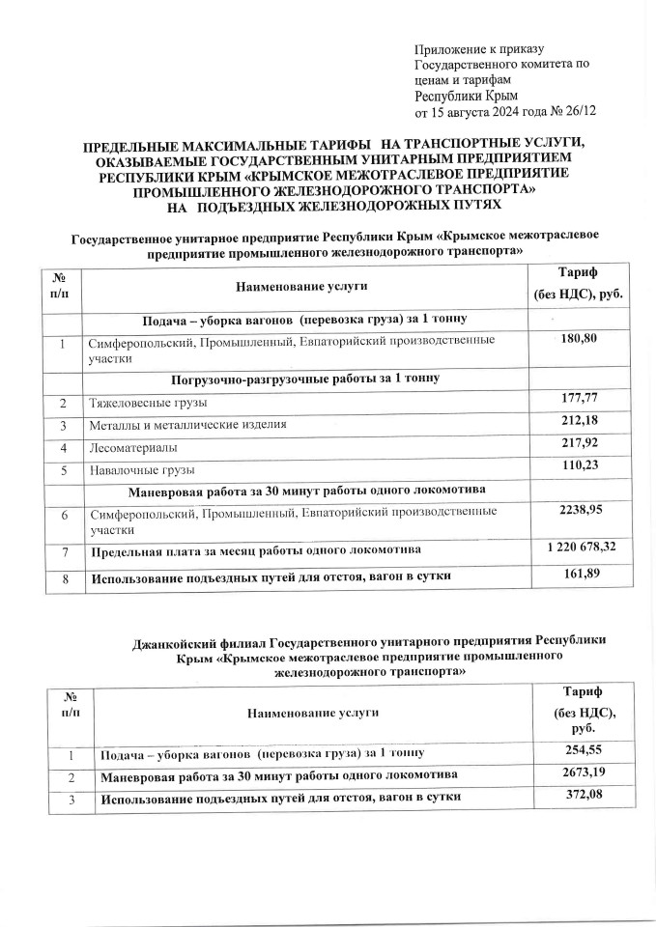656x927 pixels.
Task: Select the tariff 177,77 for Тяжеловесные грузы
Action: coord(585,399)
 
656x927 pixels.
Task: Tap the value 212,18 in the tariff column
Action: coord(585,421)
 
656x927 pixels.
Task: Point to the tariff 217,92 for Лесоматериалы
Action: coord(585,445)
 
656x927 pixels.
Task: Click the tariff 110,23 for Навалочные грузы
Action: coord(585,468)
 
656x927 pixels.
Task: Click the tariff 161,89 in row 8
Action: coord(586,576)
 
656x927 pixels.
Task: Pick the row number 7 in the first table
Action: coord(63,551)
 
